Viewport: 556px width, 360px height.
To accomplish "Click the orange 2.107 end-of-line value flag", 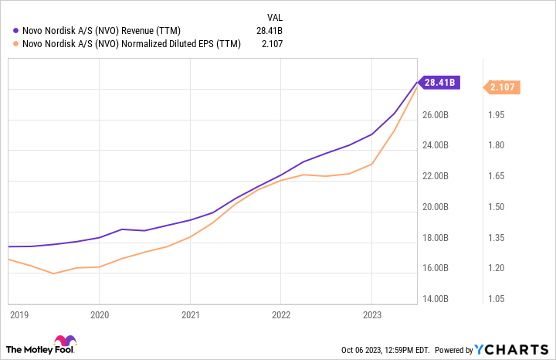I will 503,87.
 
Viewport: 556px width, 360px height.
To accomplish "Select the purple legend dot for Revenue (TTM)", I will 16,30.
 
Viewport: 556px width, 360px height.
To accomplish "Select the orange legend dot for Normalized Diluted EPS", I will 16,44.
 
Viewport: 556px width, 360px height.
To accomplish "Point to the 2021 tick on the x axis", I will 190,314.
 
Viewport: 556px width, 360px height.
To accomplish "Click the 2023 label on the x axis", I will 371,314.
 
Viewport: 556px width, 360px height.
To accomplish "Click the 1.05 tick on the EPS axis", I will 497,299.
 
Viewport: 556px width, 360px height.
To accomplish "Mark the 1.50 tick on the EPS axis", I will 497,207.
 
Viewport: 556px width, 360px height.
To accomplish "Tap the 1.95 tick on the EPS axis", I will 497,115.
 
